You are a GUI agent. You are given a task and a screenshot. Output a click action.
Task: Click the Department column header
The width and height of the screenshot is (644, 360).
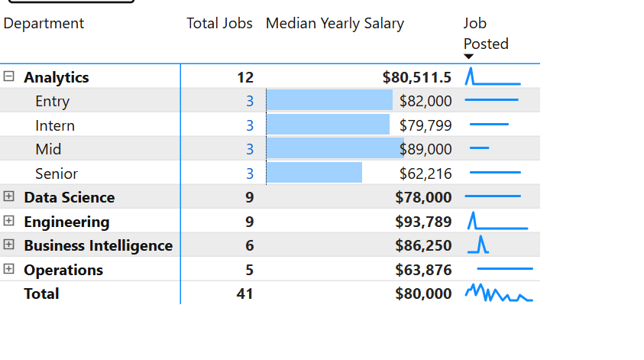(x=44, y=24)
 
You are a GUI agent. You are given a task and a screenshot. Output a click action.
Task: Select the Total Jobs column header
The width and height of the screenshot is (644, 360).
(x=219, y=24)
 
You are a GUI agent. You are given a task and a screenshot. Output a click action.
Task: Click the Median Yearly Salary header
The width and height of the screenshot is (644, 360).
(x=335, y=24)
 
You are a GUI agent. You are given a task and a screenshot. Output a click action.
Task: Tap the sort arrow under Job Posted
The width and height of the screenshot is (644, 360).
(x=469, y=57)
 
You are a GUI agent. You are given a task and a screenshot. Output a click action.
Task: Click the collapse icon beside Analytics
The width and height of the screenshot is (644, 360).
(x=9, y=76)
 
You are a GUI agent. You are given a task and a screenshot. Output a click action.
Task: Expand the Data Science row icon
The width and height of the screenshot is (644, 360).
(x=9, y=196)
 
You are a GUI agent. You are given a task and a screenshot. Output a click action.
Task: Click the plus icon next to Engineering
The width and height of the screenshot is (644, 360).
(x=9, y=221)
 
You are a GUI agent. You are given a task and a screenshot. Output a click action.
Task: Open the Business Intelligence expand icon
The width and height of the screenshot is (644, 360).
(x=9, y=245)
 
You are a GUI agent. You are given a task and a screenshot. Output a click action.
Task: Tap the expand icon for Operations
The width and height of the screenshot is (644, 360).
(x=9, y=269)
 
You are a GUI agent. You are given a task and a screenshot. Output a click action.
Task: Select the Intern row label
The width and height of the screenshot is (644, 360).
(x=55, y=125)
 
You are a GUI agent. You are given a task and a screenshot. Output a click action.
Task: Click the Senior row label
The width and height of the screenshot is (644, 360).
(x=57, y=174)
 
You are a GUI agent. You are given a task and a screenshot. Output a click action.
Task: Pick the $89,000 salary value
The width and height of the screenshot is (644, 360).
(x=426, y=149)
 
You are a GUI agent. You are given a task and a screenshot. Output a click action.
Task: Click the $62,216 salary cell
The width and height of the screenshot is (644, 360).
(x=426, y=174)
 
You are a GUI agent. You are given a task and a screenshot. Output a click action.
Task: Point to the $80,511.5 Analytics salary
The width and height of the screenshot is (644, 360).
(x=417, y=77)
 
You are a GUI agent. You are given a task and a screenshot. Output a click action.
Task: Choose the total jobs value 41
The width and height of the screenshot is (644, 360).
(x=244, y=294)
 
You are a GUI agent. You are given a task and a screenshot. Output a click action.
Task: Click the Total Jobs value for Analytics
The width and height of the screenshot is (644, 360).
(x=244, y=77)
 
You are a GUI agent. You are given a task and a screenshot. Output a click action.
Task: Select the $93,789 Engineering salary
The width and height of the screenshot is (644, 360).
(x=423, y=222)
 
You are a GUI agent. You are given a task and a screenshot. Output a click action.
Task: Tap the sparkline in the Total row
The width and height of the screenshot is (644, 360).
(x=498, y=294)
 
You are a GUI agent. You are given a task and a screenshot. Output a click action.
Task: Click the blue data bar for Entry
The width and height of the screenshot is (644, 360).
(x=329, y=101)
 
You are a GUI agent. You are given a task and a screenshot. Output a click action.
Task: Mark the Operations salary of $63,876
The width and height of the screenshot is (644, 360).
(x=423, y=270)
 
